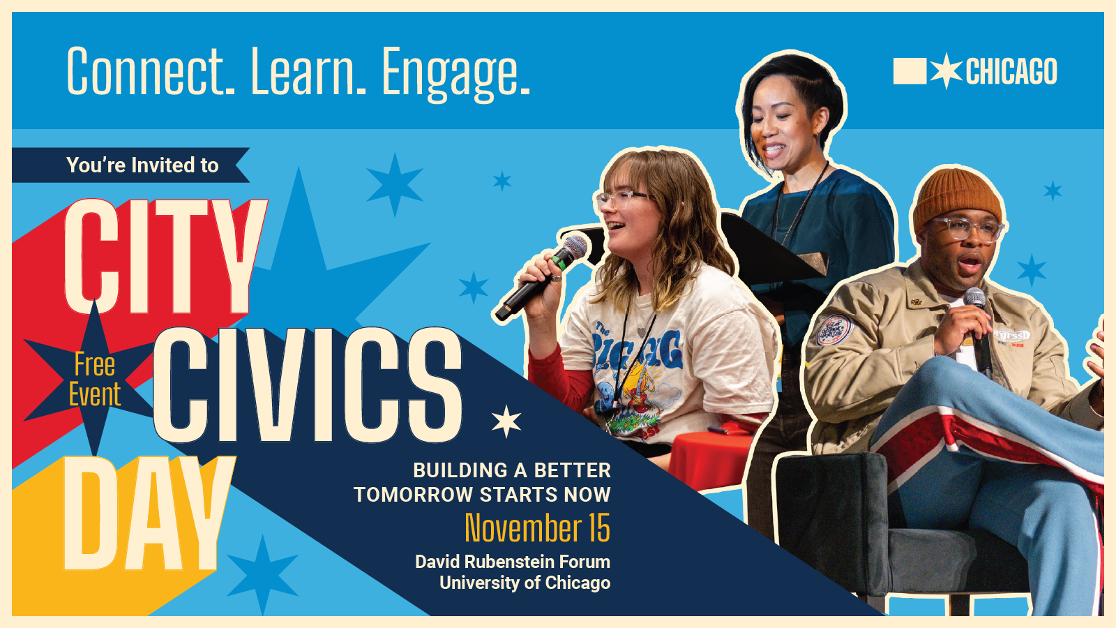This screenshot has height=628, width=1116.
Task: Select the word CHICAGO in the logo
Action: (1011, 71)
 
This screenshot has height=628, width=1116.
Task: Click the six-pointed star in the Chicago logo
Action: (946, 70)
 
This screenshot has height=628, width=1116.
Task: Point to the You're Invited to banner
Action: (130, 165)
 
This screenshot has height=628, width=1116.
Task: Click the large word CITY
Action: (165, 256)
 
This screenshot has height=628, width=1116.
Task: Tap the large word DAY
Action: (148, 514)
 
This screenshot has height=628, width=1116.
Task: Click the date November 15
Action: (537, 528)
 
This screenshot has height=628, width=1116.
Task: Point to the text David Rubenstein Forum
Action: (513, 562)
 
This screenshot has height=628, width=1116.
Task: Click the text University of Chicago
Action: (525, 583)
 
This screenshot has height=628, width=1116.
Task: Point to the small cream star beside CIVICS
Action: (506, 421)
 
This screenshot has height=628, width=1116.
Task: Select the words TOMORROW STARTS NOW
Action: (482, 495)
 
